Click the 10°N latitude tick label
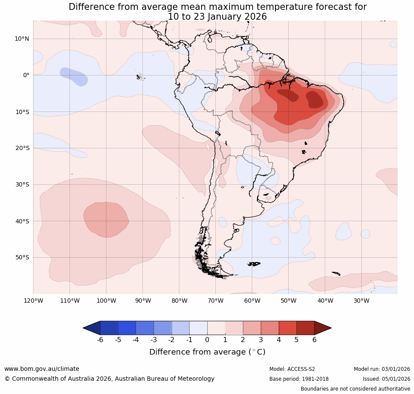pyautogui.click(x=22, y=39)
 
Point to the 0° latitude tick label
pyautogui.click(x=26, y=75)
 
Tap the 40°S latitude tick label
pyautogui.click(x=22, y=221)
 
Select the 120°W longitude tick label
pyautogui.click(x=33, y=301)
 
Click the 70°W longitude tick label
pyautogui.click(x=215, y=301)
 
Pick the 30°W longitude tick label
pyautogui.click(x=361, y=301)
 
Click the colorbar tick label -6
pyautogui.click(x=100, y=340)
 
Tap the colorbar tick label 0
pyautogui.click(x=207, y=340)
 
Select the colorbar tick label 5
pyautogui.click(x=296, y=340)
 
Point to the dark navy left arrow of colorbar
pyautogui.click(x=92, y=328)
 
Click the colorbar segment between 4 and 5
pyautogui.click(x=287, y=328)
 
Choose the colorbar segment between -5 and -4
pyautogui.click(x=127, y=328)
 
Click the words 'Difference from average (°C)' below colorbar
pyautogui.click(x=207, y=352)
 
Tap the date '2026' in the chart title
pyautogui.click(x=254, y=17)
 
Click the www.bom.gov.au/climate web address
pyautogui.click(x=42, y=369)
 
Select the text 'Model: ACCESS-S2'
pyautogui.click(x=292, y=369)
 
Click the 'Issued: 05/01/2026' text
pyautogui.click(x=386, y=379)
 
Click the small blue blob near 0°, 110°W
pyautogui.click(x=74, y=76)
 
